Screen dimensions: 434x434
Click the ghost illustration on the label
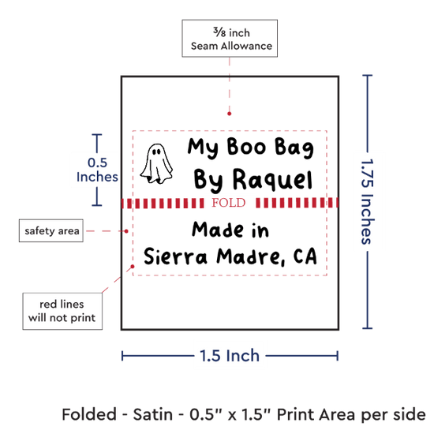click(156, 163)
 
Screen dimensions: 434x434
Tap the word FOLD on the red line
click(229, 203)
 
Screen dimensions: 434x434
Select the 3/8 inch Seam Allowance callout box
click(230, 39)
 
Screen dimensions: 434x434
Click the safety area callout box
click(51, 231)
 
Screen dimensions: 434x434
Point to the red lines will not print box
click(62, 311)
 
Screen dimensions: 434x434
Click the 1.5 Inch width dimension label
click(230, 356)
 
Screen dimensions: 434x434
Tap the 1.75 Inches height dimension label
click(368, 201)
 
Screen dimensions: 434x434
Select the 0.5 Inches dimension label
click(97, 170)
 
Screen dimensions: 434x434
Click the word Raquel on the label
click(273, 180)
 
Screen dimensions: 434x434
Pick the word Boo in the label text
click(246, 147)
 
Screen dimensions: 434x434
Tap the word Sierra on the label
click(175, 256)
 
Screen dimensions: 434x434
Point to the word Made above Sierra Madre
click(217, 230)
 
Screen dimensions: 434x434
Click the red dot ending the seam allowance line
click(229, 114)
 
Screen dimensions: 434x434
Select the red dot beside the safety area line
click(126, 231)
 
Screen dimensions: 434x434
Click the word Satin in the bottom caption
click(153, 414)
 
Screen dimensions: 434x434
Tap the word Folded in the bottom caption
click(89, 414)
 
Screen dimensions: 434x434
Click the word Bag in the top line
click(294, 148)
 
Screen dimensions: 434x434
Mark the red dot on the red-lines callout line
click(133, 266)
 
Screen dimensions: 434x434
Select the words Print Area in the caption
click(316, 414)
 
